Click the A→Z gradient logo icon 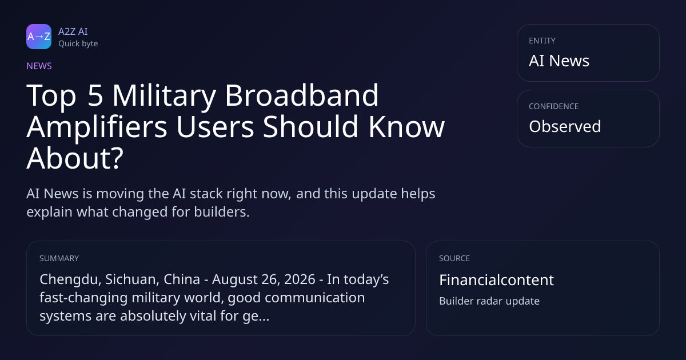pos(39,37)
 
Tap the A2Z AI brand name pos(73,31)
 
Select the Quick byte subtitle pos(78,44)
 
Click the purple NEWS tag pos(39,66)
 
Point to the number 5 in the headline pos(95,95)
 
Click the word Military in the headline pos(164,95)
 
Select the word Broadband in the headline pos(302,95)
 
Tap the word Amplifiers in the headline pos(97,127)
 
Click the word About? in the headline pos(75,158)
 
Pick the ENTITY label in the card pos(542,41)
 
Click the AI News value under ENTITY pos(559,61)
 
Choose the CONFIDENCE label pos(554,106)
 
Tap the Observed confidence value pos(565,126)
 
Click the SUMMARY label pos(59,258)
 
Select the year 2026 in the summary pos(300,279)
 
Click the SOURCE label pos(454,258)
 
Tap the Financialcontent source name pos(496,280)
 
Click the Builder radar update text pos(489,301)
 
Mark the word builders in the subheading pos(222,212)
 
